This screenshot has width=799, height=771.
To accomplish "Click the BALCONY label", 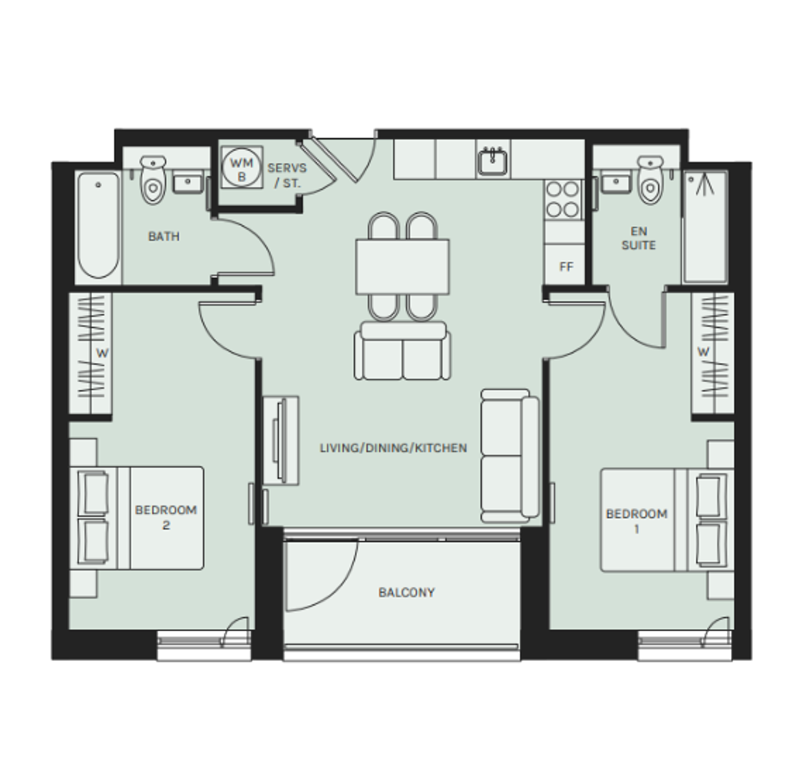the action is coord(406,592).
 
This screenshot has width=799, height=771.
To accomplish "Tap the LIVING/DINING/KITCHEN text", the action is coord(393,448).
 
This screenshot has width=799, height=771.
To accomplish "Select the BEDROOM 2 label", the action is coord(165,517).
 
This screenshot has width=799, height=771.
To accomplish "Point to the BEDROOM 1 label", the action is coord(637,521).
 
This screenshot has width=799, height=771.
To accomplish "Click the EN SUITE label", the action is coord(638,238).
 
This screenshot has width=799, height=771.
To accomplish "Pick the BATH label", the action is coord(164,236).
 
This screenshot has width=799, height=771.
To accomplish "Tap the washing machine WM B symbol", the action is coord(242,168).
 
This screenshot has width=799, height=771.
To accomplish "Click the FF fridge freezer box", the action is coord(566,265).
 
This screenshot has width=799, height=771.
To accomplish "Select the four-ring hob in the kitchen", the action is coord(563,200).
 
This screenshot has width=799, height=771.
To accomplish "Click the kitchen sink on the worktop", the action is coord(493,160).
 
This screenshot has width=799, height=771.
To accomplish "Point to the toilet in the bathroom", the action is coord(153,180).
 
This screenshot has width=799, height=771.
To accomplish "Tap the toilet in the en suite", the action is coord(650,180).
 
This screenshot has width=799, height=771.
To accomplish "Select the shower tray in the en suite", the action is coord(705,227).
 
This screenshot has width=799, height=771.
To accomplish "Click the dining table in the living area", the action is coord(403,267).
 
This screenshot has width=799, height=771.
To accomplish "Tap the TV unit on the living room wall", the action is coord(280,441).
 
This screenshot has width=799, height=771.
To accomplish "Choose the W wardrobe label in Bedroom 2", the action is coord(102,353).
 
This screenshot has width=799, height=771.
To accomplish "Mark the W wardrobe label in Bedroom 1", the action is coord(703,352).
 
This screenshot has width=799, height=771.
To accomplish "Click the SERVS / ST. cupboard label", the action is coord(288,175).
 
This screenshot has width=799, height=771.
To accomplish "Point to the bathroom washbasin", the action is coord(189,182).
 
